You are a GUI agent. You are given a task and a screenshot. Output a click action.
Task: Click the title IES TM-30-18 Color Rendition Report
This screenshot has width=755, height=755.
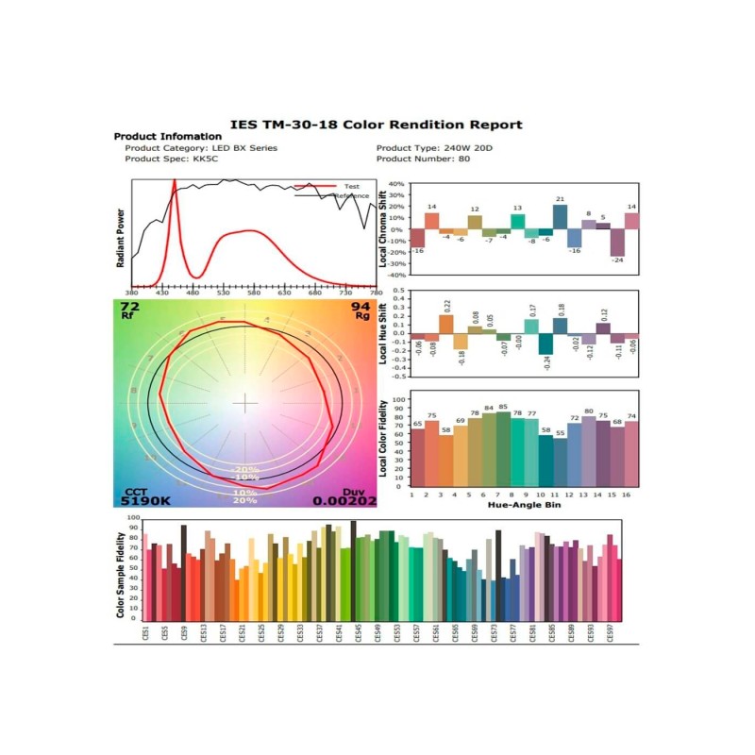click(x=377, y=125)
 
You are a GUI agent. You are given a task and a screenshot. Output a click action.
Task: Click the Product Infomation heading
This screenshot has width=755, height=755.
click(x=167, y=137)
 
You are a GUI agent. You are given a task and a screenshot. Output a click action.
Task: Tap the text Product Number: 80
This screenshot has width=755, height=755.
click(x=423, y=159)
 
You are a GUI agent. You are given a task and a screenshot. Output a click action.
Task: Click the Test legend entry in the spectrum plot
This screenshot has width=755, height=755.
click(x=351, y=187)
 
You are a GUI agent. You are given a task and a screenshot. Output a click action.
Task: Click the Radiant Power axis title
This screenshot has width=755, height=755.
click(x=121, y=237)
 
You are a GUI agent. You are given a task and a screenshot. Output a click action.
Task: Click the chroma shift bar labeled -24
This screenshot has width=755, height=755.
click(x=617, y=243)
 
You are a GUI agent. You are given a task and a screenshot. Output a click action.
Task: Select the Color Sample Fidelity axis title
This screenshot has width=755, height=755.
click(x=121, y=566)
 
